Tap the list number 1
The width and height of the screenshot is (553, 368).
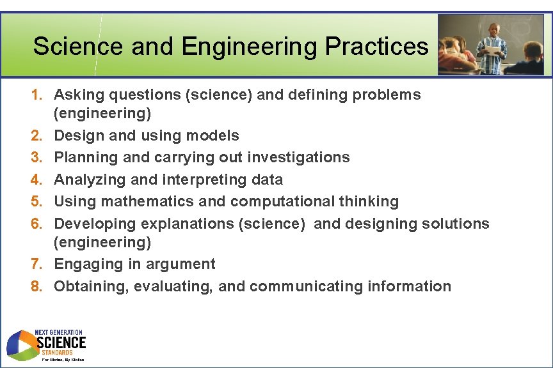pos(36,95)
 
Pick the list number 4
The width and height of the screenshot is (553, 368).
pos(36,180)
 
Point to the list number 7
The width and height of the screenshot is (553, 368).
pos(36,264)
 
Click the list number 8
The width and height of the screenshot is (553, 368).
pos(36,286)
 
